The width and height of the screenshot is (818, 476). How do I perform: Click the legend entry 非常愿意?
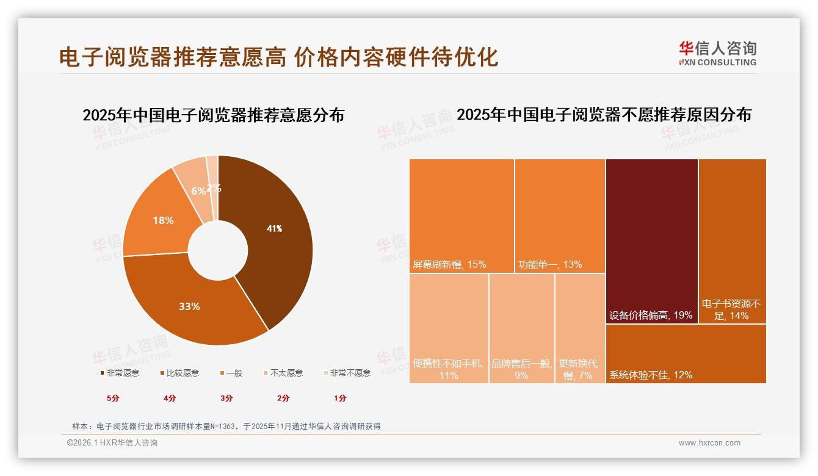[x=123, y=373]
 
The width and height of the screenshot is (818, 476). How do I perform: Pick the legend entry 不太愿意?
[x=286, y=373]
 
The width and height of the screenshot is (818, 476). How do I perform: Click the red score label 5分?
[x=113, y=398]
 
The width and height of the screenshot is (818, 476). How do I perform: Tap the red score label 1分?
[x=340, y=398]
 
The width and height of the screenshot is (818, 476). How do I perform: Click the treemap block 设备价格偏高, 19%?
[x=651, y=241]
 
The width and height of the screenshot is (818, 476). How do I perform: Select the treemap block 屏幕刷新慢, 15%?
[x=461, y=215]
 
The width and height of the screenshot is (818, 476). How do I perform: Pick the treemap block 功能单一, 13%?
[x=560, y=215]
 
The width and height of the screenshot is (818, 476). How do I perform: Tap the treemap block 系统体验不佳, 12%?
[x=686, y=354]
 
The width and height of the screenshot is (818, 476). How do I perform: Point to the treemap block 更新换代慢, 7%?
[x=579, y=328]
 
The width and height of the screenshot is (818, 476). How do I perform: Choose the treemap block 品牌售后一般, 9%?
[x=521, y=328]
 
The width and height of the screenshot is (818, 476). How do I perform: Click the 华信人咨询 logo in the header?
[x=718, y=53]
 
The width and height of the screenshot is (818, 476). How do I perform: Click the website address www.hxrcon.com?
[x=709, y=443]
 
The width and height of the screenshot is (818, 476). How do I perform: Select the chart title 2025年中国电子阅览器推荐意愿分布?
[x=213, y=115]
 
